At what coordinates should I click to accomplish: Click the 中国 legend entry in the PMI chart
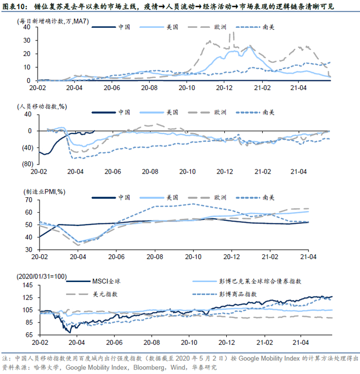click(124, 197)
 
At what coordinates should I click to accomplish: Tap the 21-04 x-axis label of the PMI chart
click(308, 256)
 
